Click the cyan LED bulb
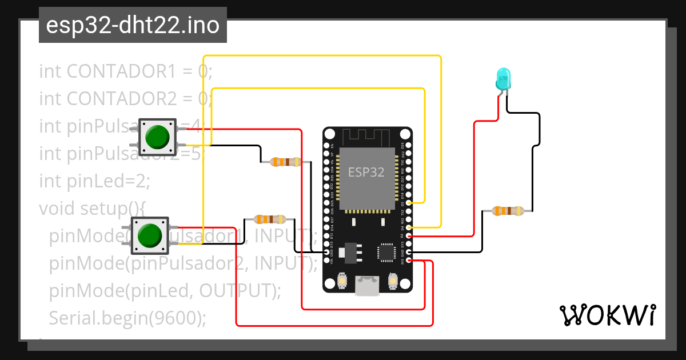[x=502, y=79]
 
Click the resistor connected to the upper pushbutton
[x=285, y=162]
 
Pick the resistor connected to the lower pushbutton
[x=269, y=219]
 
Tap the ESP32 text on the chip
[x=366, y=171]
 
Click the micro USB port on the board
[x=366, y=285]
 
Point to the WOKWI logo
[x=607, y=315]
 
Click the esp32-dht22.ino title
[x=133, y=26]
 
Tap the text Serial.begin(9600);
[x=127, y=318]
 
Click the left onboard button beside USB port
[x=341, y=281]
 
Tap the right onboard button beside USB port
[x=393, y=281]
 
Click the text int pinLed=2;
[x=94, y=181]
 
